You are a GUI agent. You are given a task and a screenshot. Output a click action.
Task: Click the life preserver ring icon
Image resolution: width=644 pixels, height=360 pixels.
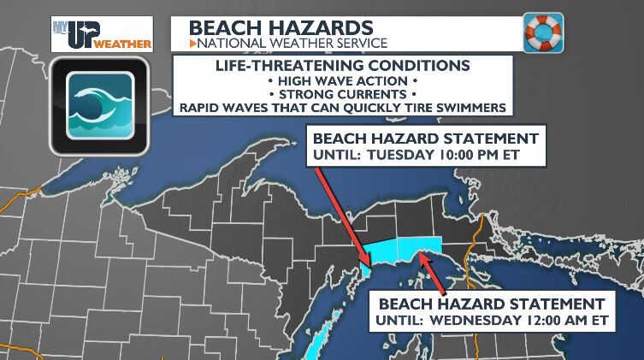(543, 33)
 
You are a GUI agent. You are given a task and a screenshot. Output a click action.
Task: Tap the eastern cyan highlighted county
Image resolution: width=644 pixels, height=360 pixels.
(423, 244)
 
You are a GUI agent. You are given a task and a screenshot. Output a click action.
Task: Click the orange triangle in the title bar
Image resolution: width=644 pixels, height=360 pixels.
(192, 43)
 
